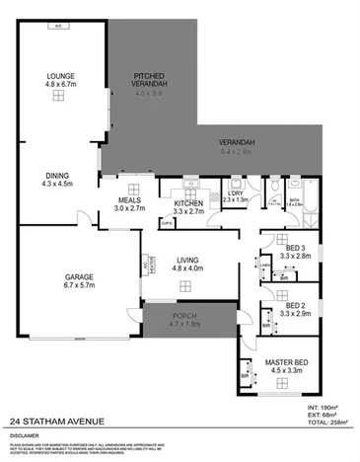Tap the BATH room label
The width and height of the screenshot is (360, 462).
(295, 199)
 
